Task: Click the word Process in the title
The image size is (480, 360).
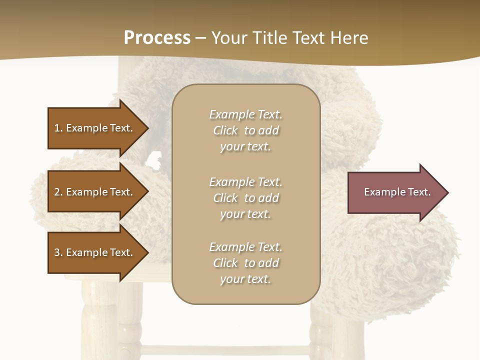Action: [x=157, y=38]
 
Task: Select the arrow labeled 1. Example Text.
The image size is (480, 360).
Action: [x=93, y=128]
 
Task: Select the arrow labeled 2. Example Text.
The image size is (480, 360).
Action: [x=93, y=192]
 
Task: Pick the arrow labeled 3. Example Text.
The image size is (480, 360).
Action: [x=93, y=252]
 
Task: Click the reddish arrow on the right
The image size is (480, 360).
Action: [x=390, y=192]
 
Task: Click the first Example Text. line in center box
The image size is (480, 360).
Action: [x=245, y=114]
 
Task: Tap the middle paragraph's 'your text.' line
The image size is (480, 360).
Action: [x=245, y=214]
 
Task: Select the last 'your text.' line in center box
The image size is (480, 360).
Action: [x=245, y=279]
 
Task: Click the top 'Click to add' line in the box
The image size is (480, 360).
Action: [x=245, y=130]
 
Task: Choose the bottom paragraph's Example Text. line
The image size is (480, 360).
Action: [x=245, y=247]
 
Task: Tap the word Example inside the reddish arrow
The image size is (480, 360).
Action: [x=381, y=192]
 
